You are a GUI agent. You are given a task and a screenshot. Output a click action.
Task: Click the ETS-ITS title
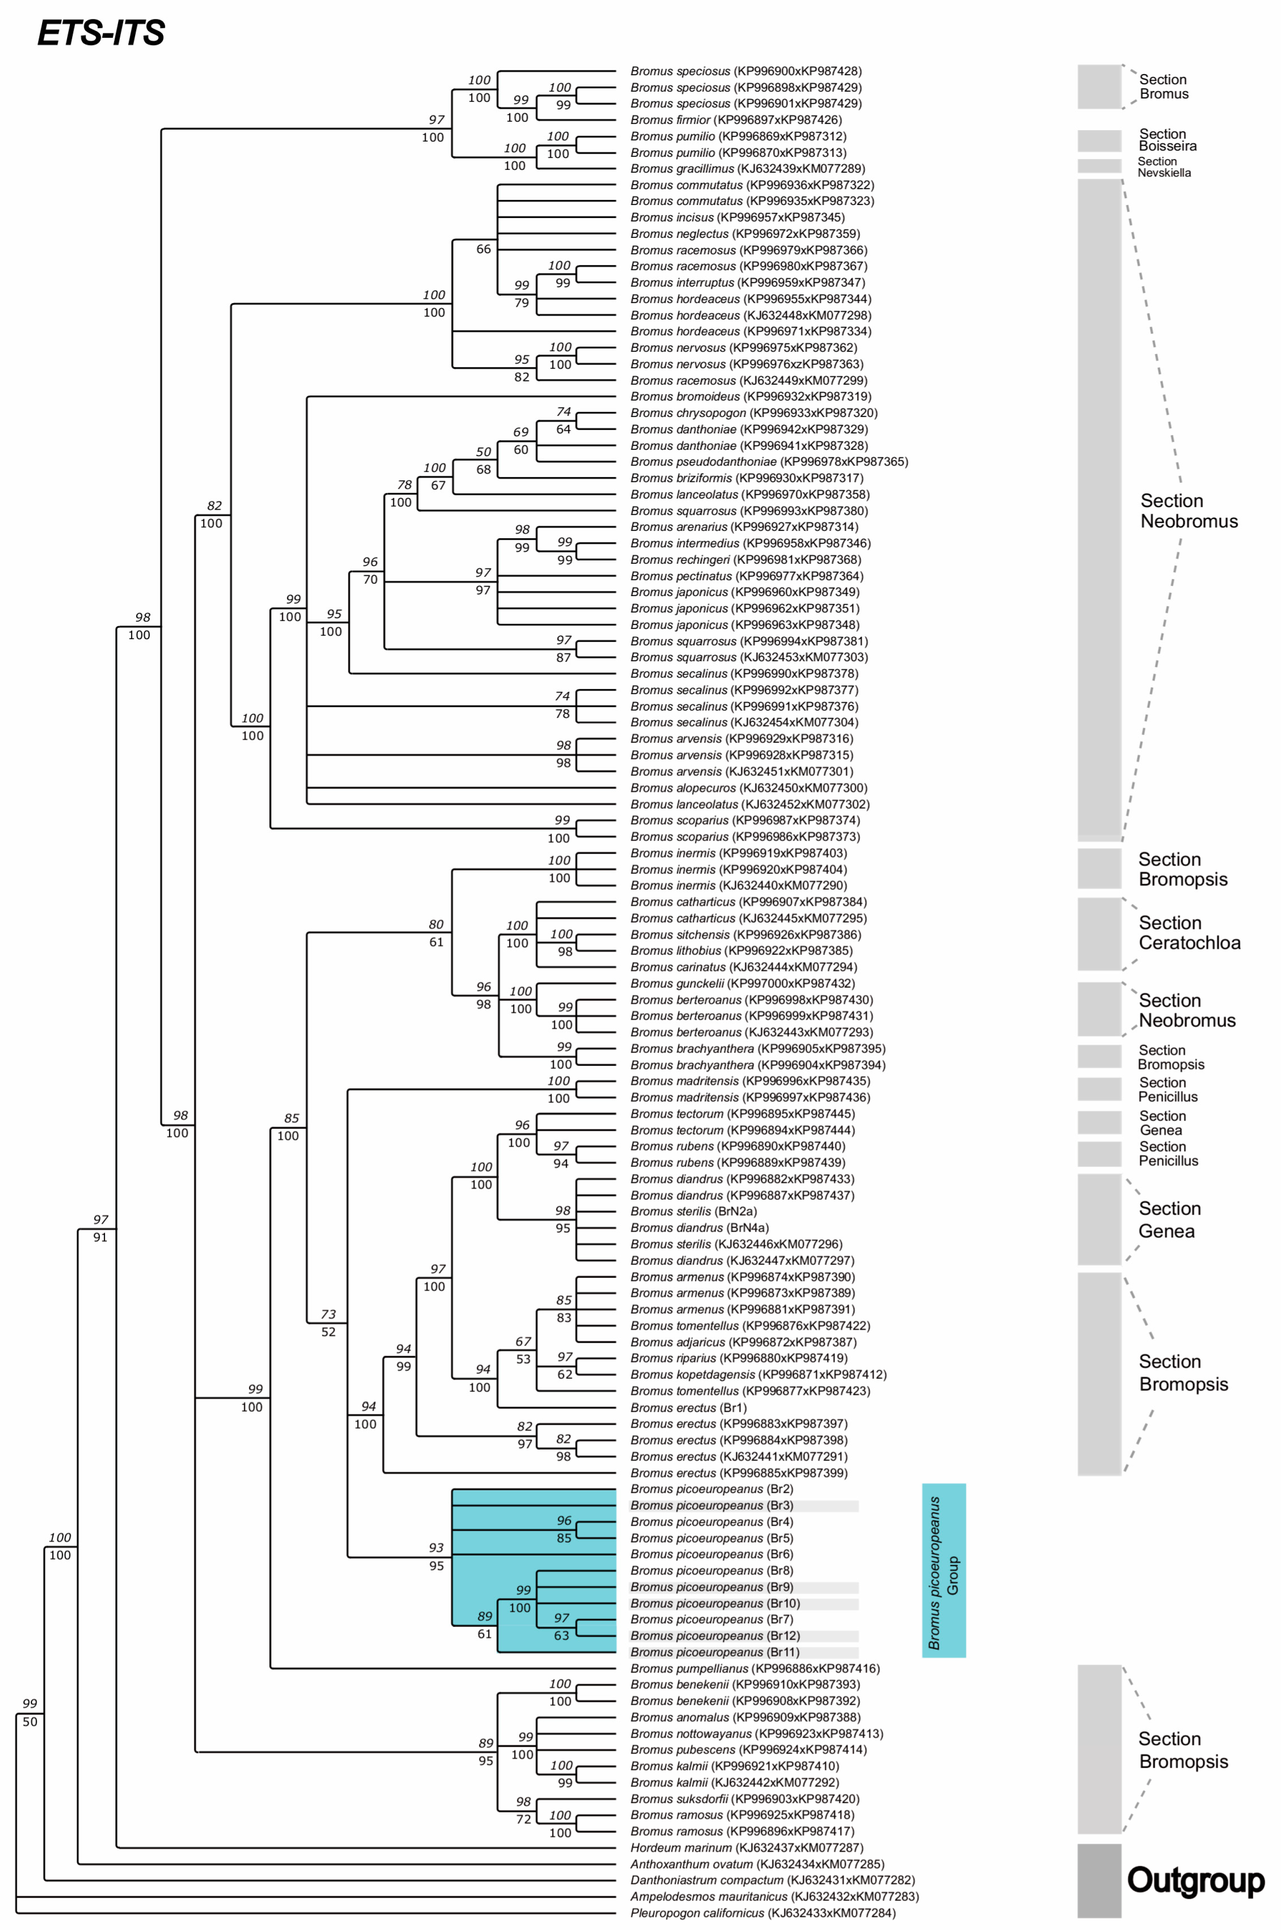[x=101, y=33]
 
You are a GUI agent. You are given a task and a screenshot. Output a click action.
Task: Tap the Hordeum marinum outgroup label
[x=746, y=1848]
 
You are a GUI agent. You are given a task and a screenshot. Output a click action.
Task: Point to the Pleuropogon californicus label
[x=762, y=1913]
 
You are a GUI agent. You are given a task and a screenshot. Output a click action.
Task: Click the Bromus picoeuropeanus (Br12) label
[x=715, y=1636]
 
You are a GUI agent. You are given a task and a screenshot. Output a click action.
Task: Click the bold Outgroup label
[x=1195, y=1880]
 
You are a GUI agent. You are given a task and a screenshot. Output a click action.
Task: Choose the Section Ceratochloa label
[x=1189, y=932]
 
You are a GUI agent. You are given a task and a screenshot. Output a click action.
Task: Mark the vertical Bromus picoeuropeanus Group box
[x=944, y=1570]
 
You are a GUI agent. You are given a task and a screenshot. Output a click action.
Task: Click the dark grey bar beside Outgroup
[x=1099, y=1880]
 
